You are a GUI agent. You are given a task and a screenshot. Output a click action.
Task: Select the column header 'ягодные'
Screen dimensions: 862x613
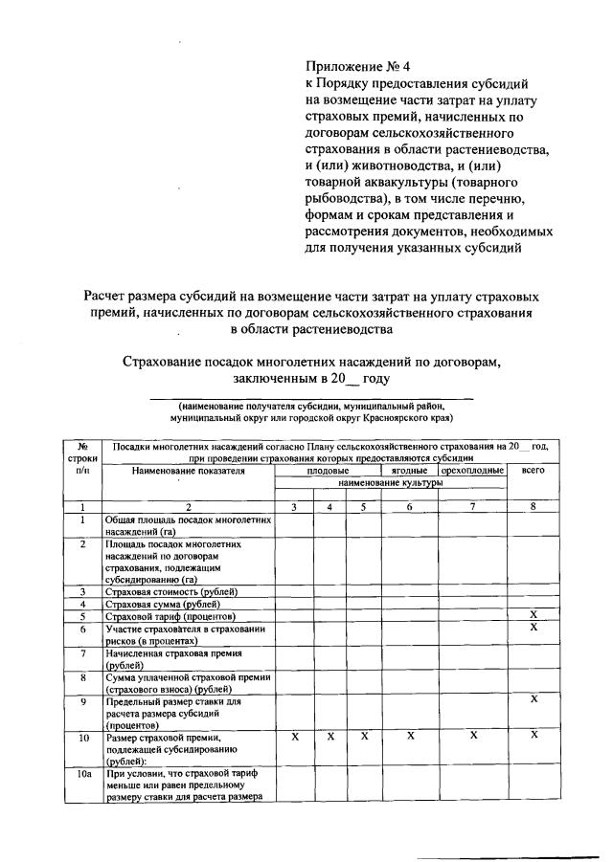pos(409,471)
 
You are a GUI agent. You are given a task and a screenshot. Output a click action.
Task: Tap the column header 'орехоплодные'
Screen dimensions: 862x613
pos(472,471)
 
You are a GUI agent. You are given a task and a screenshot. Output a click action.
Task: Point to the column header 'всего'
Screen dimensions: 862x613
pos(533,471)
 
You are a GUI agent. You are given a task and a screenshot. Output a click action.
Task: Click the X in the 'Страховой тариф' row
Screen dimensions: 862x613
pos(534,614)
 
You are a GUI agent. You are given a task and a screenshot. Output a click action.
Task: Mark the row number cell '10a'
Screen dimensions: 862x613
pos(83,772)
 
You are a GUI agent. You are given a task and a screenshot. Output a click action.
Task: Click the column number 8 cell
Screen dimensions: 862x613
pos(533,507)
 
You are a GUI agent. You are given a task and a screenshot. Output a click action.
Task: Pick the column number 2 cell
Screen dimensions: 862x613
pos(189,507)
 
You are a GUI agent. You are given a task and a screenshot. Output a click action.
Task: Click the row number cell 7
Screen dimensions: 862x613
pos(83,653)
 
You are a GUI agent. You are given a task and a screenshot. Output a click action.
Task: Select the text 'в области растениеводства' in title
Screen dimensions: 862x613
pos(311,330)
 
